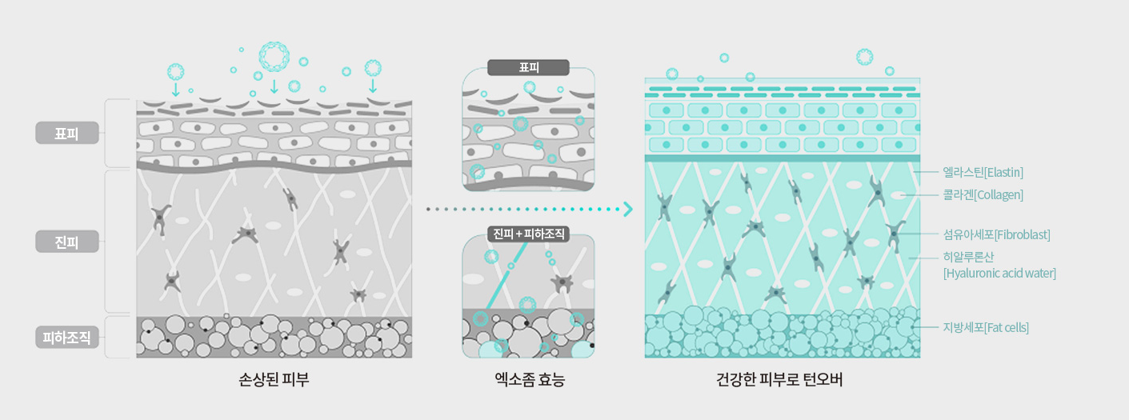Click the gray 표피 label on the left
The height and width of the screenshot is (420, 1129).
tap(67, 133)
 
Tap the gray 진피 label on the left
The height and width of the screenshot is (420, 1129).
tap(67, 242)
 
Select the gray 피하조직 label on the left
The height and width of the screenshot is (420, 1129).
tap(67, 338)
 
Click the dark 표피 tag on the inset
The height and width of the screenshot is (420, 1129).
tap(528, 68)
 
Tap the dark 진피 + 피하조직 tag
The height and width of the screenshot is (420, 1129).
tap(528, 234)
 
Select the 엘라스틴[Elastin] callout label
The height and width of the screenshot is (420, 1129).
tap(983, 173)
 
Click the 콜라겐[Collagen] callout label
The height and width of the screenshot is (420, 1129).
tap(983, 195)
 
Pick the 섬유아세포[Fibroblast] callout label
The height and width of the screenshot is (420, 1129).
tap(996, 235)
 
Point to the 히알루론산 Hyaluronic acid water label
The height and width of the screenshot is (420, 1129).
tap(999, 266)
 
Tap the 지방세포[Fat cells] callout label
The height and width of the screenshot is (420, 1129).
tap(986, 327)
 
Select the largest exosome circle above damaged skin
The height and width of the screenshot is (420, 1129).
tap(274, 56)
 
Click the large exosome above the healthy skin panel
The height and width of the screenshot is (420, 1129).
tap(864, 57)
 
